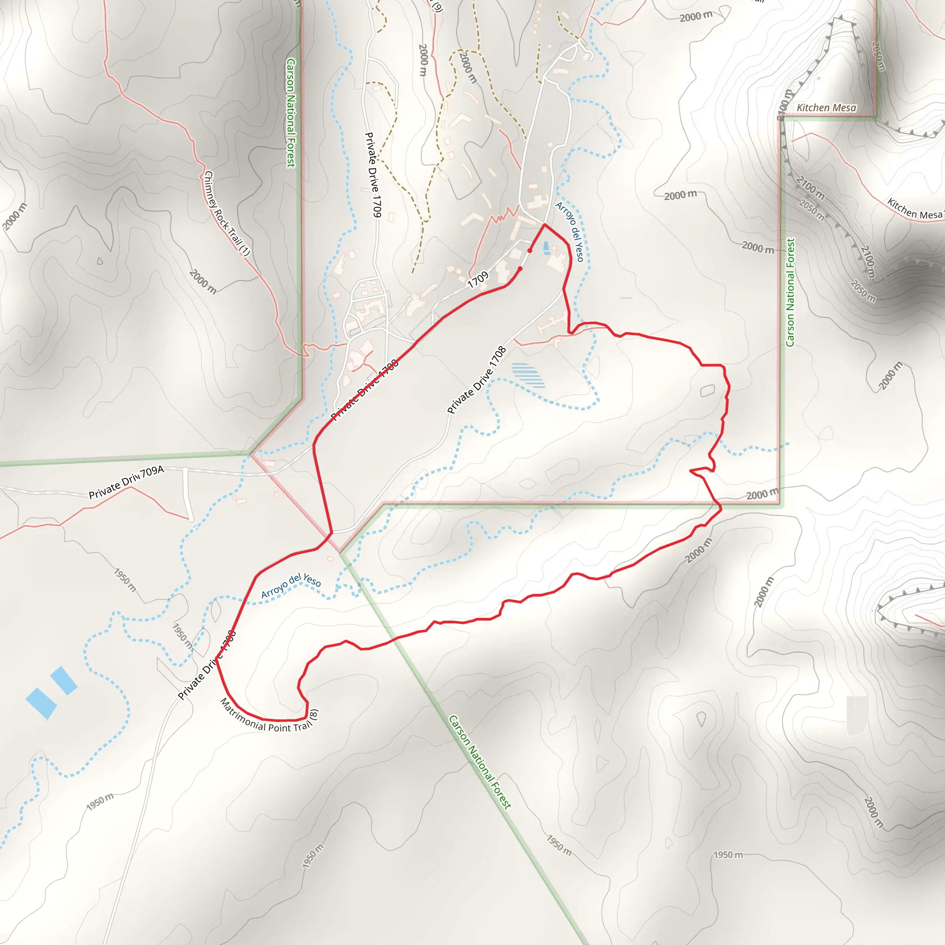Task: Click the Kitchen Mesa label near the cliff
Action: tap(826, 108)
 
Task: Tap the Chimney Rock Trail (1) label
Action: tap(227, 213)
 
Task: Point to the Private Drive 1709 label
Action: tap(373, 174)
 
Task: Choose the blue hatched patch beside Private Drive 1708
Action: tap(528, 375)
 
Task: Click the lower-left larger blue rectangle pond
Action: tap(41, 703)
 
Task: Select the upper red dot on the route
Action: tap(530, 251)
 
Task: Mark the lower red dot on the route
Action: tap(520, 269)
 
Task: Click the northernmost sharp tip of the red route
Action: tap(544, 225)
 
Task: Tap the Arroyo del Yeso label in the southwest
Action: tap(291, 586)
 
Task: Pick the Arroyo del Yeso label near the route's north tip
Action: tap(570, 231)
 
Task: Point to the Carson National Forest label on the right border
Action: tap(790, 293)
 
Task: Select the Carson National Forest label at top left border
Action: tap(291, 113)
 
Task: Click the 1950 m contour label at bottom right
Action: tap(728, 855)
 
